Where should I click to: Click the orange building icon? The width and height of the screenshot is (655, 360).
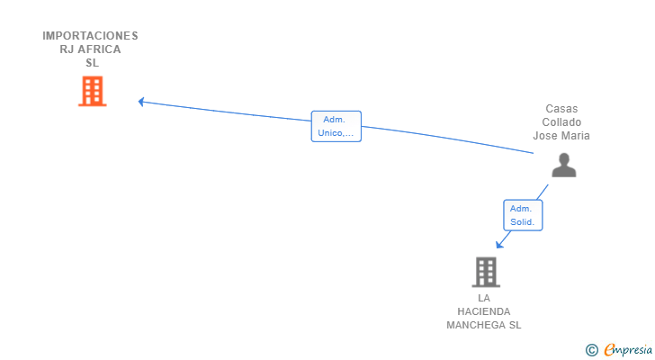point(92,91)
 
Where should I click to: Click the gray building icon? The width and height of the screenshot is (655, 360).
point(486,272)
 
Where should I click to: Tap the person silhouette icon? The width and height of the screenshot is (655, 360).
point(564,165)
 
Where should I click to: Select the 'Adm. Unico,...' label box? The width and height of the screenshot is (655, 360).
point(336,127)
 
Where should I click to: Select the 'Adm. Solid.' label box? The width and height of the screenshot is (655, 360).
point(522,215)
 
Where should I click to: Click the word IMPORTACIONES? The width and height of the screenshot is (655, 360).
point(90,36)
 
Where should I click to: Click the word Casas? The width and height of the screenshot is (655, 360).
point(562,108)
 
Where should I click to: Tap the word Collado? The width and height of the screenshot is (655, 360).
point(562,121)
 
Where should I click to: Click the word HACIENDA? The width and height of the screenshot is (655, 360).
point(484,311)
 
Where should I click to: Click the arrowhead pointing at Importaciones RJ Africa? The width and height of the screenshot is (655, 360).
point(141,102)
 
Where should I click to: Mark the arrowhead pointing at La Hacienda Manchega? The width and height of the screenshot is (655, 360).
point(499,244)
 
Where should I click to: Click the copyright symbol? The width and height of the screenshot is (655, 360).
point(591,350)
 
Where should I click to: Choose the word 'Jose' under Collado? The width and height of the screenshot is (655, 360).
point(545,136)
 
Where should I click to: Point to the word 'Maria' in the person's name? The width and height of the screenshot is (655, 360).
point(575,136)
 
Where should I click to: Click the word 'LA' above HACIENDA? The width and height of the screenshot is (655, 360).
point(484,298)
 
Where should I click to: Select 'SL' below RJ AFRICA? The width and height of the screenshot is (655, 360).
point(91,63)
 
